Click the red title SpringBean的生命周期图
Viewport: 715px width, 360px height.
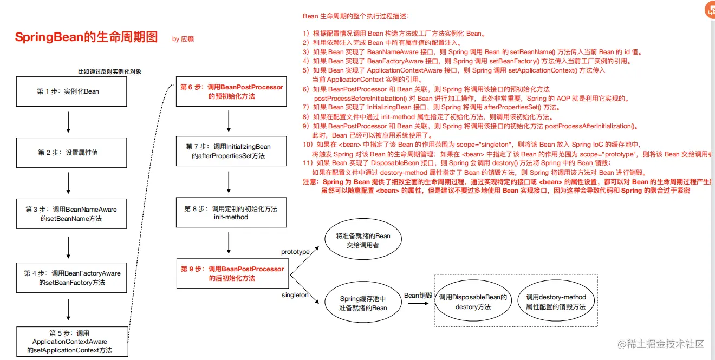(x=87, y=37)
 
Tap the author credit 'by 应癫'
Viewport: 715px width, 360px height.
(x=183, y=39)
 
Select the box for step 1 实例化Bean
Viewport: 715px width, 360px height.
(x=68, y=91)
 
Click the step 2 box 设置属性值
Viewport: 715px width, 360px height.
(x=68, y=153)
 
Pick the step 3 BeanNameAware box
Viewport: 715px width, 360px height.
(x=71, y=214)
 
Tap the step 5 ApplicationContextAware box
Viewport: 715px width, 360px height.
(x=72, y=342)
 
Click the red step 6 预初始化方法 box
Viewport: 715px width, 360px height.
(x=231, y=91)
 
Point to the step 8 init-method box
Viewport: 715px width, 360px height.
(x=230, y=213)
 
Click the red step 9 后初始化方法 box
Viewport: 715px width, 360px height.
(x=232, y=273)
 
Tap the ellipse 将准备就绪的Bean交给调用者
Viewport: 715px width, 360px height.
(x=363, y=240)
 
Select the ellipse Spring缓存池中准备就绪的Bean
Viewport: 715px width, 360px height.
(x=363, y=303)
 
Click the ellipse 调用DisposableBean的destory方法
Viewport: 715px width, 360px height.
(x=473, y=302)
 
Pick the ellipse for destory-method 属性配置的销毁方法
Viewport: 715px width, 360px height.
(x=556, y=302)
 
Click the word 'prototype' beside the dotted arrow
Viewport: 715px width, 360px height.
(x=295, y=252)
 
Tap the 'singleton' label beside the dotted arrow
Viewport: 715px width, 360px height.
(x=295, y=295)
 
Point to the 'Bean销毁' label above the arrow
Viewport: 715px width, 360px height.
(x=418, y=295)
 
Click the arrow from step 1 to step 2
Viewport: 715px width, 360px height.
(x=68, y=122)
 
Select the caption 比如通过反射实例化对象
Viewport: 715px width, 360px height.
(x=109, y=71)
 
